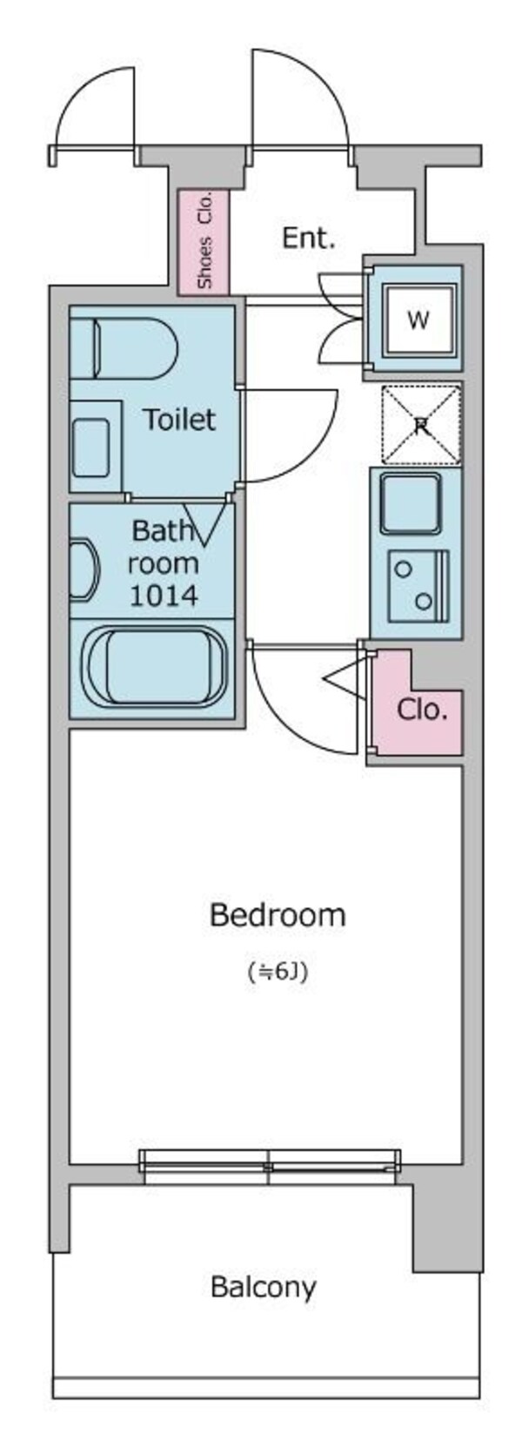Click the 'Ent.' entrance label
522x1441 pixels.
pos(308,238)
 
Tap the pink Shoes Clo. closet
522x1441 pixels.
pos(204,241)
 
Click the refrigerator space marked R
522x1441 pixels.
pos(421,426)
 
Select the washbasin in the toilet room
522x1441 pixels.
pos(90,447)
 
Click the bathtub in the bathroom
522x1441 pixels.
pos(154,667)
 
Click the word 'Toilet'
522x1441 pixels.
pos(179,420)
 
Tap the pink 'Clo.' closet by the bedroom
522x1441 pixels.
pos(420,710)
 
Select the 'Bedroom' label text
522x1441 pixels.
pos(278,915)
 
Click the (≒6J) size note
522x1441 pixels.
pos(278,972)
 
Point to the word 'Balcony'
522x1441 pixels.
pos(264,1286)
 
